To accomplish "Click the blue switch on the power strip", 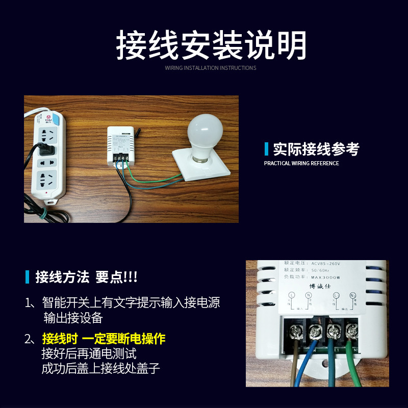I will pos(58,121).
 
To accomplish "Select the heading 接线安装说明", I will pos(211,45).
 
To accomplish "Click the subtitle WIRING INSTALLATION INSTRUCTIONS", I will pos(211,68).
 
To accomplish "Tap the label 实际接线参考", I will pos(316,149).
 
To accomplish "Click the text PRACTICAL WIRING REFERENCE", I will pos(301,163).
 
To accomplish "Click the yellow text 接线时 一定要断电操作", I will pos(104,339).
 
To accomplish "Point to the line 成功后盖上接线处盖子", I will pos(101,368).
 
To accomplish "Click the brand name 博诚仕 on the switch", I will pos(320,286).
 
